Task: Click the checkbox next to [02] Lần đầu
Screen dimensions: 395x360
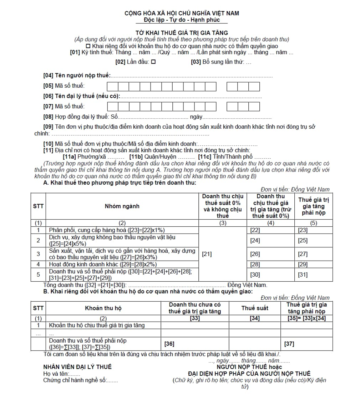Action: click(153, 62)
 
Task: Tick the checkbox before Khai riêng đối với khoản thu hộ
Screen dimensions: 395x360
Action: click(88, 46)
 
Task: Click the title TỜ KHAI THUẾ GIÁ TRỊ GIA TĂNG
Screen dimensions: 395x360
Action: click(182, 33)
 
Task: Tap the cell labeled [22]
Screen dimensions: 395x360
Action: click(270, 230)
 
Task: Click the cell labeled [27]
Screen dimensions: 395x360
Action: click(313, 254)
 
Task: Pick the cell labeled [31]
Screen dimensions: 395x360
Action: click(313, 275)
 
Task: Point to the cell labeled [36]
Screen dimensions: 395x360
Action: click(195, 344)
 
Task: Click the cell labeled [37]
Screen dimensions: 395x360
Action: click(306, 344)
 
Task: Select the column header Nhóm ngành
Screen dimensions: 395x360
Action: click(122, 206)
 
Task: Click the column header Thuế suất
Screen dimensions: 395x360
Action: click(255, 308)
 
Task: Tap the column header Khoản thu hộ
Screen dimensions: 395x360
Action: click(103, 308)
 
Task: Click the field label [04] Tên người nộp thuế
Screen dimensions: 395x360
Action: click(76, 76)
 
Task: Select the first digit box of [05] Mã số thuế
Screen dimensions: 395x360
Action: click(112, 86)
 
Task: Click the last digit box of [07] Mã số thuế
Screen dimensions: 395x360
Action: click(254, 107)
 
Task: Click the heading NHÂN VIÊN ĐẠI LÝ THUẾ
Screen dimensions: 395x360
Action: click(77, 367)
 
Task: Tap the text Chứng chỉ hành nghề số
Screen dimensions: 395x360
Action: click(75, 380)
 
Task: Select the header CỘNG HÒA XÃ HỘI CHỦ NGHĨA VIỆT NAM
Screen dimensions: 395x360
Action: click(182, 13)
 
